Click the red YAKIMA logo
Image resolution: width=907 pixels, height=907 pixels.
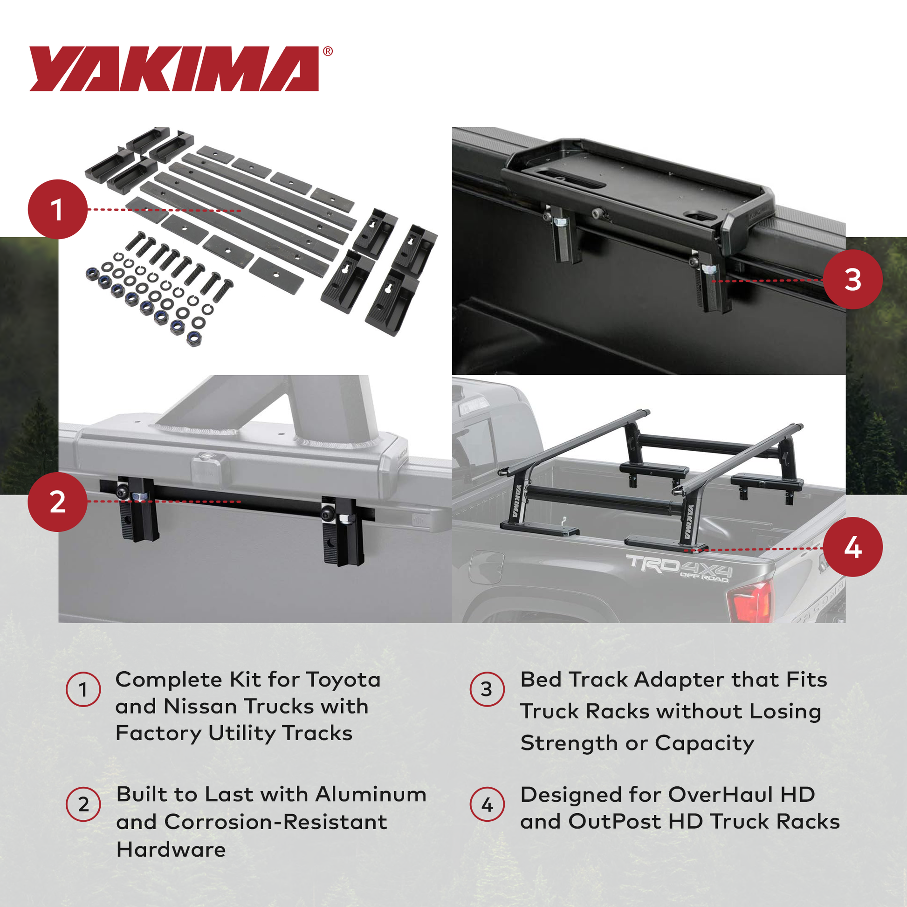(x=174, y=69)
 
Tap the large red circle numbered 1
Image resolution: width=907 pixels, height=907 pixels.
(x=58, y=209)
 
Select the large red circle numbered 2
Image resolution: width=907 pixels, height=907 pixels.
(x=58, y=502)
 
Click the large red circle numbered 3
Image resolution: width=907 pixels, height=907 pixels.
(x=852, y=280)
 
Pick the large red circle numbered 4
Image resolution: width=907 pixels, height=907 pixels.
(x=852, y=547)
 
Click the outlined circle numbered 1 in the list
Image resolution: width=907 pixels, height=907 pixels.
(x=83, y=690)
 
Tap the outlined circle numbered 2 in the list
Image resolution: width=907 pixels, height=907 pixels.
(x=83, y=804)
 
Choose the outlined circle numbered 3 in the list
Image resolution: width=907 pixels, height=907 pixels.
(x=488, y=689)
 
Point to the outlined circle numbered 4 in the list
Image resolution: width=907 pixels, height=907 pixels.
(x=488, y=804)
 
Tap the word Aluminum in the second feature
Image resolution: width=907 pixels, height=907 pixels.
(x=371, y=795)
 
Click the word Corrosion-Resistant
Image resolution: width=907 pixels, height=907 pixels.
(x=275, y=822)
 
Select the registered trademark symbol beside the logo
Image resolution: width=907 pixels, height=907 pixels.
(x=328, y=52)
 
